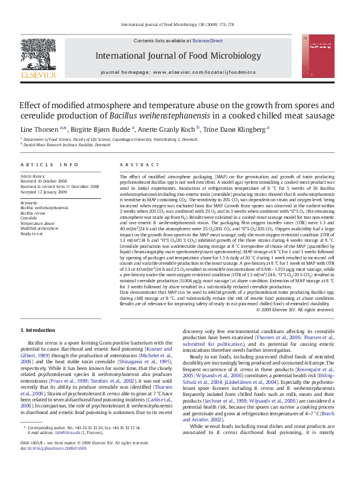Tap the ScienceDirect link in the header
208,41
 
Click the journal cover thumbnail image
321,60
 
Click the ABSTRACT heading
136,164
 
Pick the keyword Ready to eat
31,233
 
